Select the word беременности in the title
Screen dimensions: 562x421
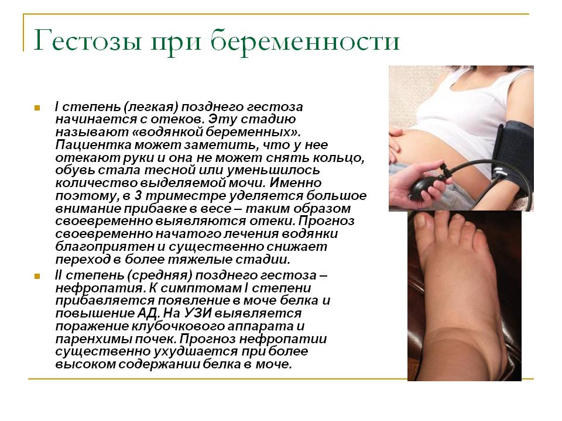tap(304, 40)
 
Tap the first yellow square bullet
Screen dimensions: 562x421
tap(37, 108)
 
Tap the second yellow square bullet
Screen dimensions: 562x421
tap(37, 276)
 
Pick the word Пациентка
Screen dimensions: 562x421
tap(93, 145)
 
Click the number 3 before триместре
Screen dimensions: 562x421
tap(138, 196)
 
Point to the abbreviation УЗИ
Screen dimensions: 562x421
tap(197, 313)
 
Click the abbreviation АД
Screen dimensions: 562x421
tap(147, 313)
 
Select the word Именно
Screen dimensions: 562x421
tap(296, 183)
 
